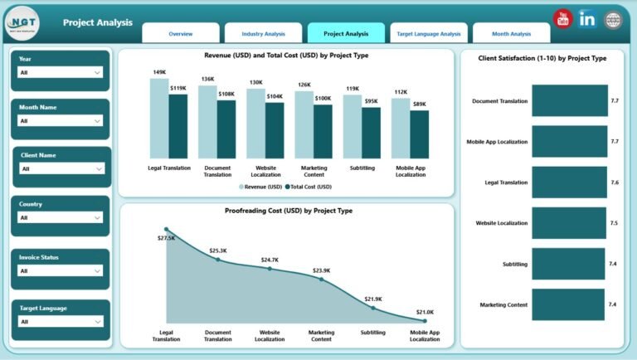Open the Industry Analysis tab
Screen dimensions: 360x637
pos(263,34)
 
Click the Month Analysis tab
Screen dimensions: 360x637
pos(511,34)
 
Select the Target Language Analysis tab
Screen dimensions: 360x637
pos(428,34)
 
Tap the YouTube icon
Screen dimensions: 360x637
pos(563,19)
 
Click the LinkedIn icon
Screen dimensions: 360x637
pos(588,19)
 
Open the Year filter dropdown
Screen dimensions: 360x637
pos(61,73)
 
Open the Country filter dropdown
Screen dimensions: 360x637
pos(61,217)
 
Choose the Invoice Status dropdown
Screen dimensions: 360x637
pos(61,270)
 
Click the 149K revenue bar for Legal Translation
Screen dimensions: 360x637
pos(158,118)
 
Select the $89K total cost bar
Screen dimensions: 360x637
pos(420,134)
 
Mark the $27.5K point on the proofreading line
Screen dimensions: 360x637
pos(166,229)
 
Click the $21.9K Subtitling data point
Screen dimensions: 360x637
pos(373,308)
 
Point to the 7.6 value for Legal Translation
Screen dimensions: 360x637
pos(615,182)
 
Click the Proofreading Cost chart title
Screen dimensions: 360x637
pos(288,211)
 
